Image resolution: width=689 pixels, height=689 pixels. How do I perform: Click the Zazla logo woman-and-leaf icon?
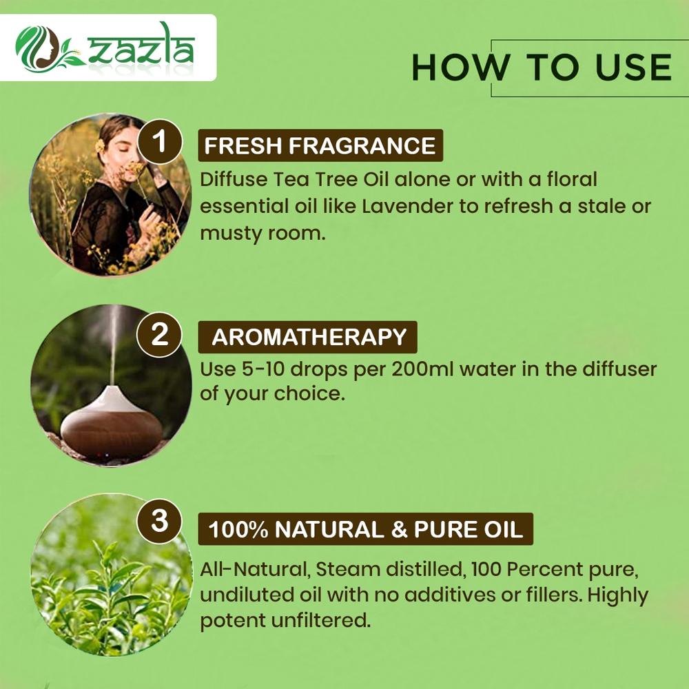point(48,48)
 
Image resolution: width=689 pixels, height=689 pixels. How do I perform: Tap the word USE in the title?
point(633,68)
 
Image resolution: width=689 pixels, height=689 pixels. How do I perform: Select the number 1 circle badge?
point(160,141)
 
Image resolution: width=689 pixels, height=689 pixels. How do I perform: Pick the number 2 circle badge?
point(160,334)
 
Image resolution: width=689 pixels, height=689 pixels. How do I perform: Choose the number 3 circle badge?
point(160,521)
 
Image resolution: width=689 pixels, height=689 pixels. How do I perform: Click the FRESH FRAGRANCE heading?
point(320,145)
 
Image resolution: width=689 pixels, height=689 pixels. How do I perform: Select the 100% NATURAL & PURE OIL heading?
point(366,529)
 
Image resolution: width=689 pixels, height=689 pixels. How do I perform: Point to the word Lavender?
point(407,206)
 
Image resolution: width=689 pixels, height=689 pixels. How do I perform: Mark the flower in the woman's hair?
point(100,145)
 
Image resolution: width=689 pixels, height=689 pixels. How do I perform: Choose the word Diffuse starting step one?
point(234,180)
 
